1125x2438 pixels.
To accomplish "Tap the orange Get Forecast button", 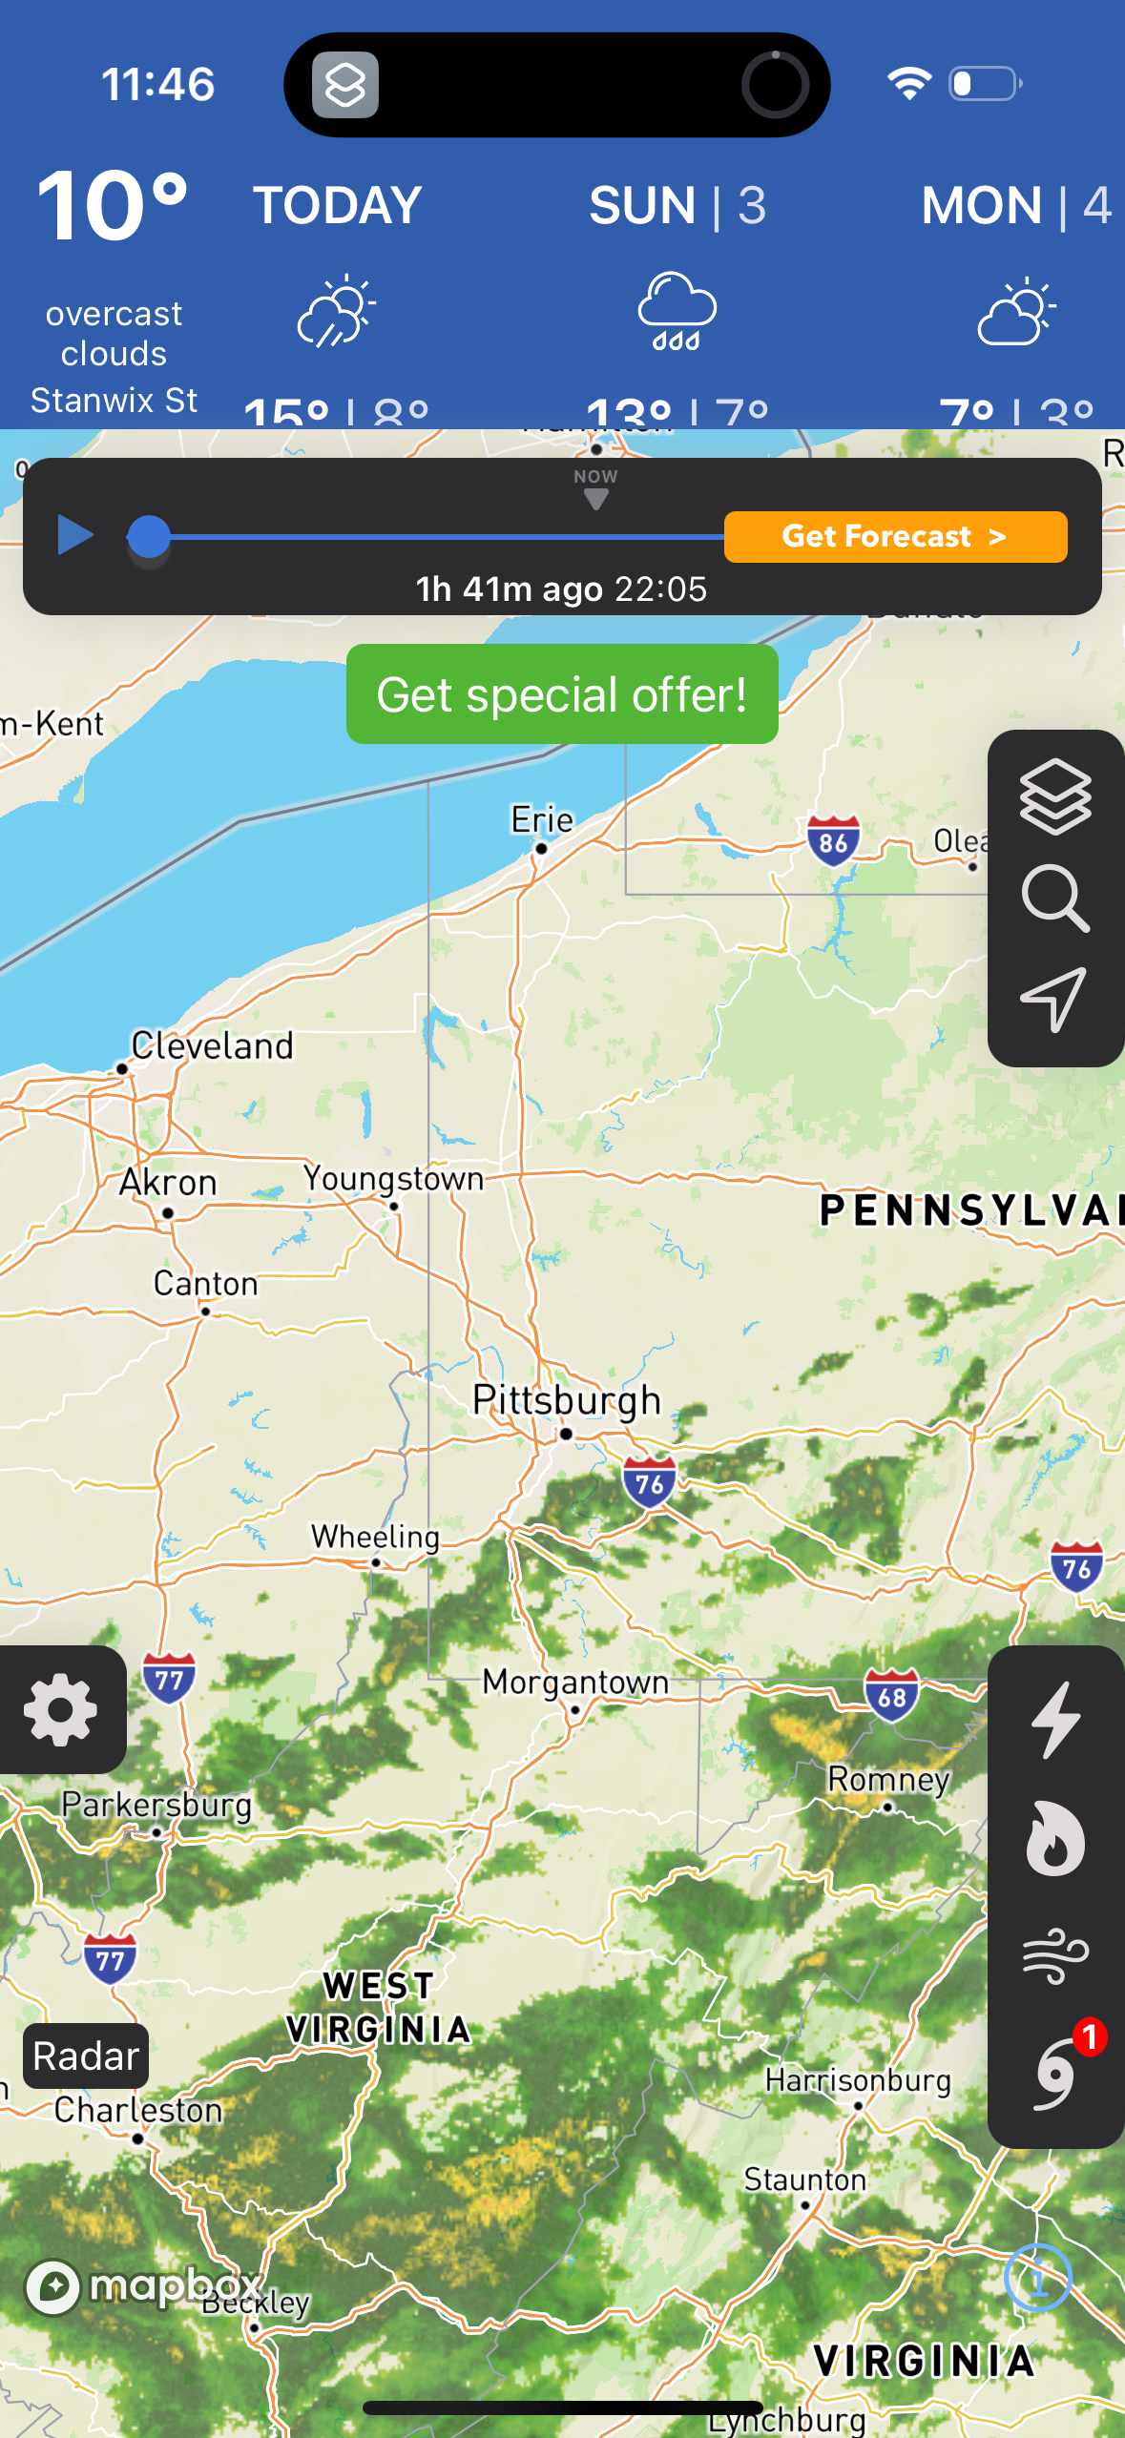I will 895,537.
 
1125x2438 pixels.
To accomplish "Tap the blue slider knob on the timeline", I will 149,536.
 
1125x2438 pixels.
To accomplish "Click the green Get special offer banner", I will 562,694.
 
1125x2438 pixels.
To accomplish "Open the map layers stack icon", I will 1055,796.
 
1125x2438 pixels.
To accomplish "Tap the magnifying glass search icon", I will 1055,899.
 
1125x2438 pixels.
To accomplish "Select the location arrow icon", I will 1054,999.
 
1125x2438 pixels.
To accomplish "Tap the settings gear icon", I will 61,1710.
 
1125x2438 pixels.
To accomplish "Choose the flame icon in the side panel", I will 1055,1838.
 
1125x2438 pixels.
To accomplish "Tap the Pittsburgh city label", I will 567,1400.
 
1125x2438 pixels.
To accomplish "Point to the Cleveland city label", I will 212,1046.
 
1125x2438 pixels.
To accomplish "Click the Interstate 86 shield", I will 833,841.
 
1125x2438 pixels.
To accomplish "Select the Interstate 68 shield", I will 892,1696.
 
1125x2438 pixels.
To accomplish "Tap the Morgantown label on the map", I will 575,1682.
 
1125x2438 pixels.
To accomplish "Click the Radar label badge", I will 86,2056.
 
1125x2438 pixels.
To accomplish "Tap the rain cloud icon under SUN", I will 677,311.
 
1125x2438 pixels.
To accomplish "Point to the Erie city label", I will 542,819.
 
